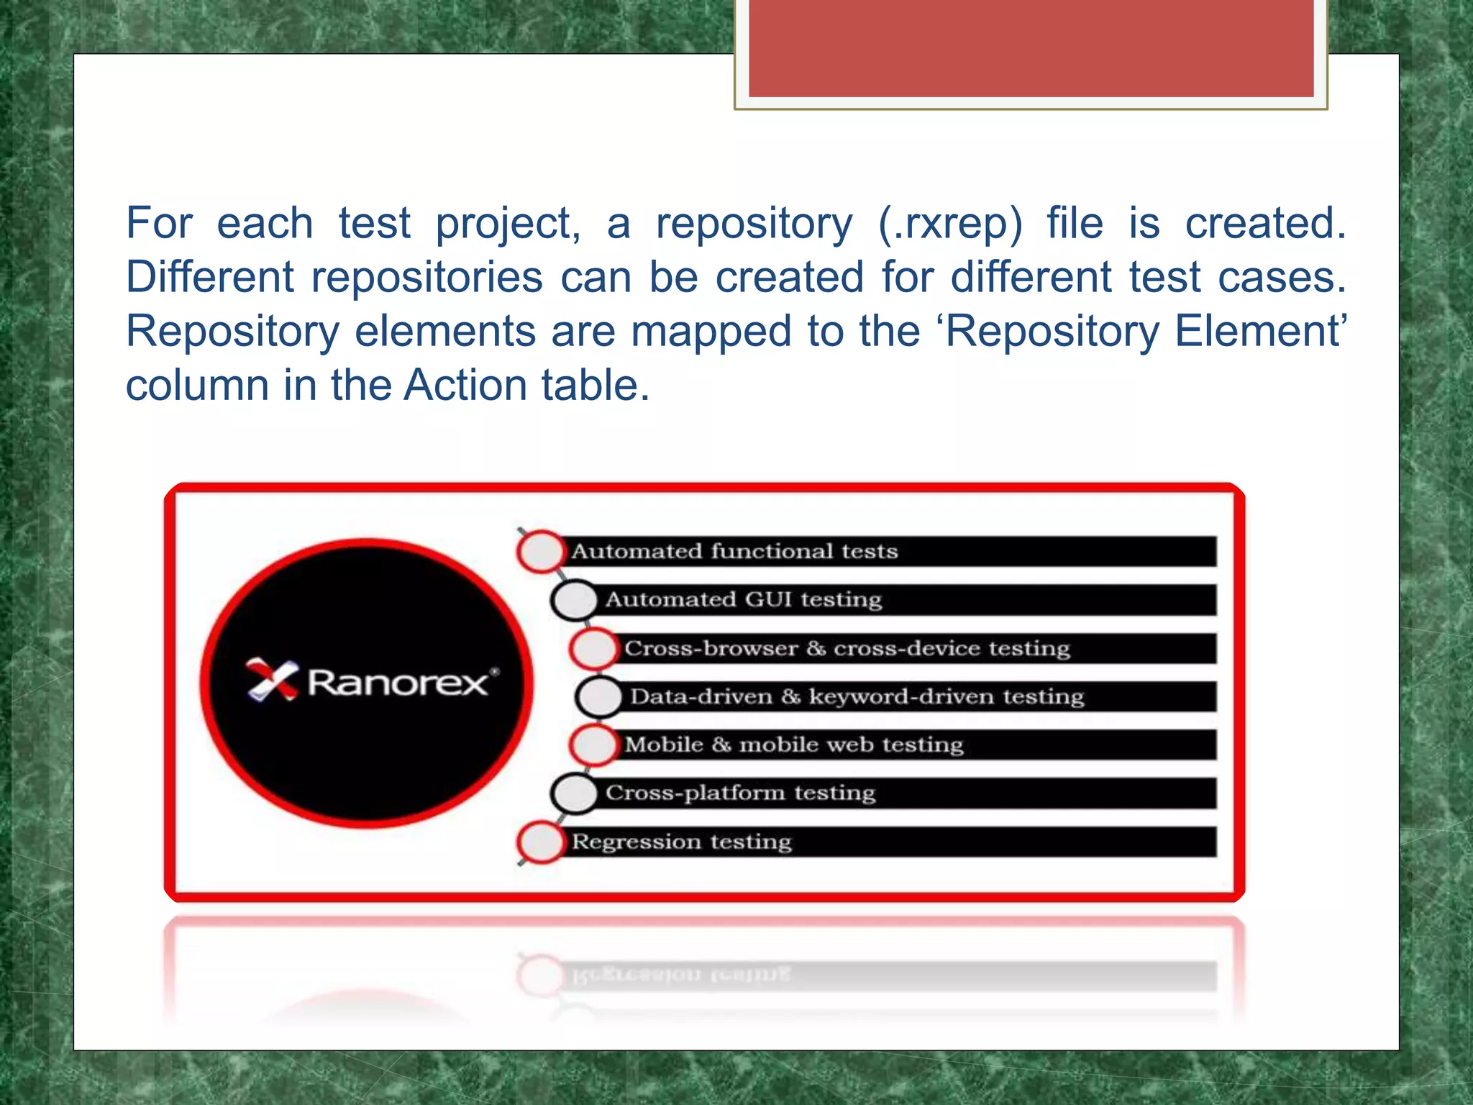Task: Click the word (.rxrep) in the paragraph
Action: coord(950,224)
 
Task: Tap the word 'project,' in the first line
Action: coord(508,224)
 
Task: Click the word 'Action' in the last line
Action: coord(466,385)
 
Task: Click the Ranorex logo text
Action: coord(399,682)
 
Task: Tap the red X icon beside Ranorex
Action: coord(272,679)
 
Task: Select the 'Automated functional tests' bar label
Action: coord(734,552)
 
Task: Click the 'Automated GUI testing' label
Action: coord(743,600)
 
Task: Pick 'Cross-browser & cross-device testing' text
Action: coord(847,648)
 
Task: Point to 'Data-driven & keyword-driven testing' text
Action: coord(857,696)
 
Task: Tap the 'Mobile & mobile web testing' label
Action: coord(793,745)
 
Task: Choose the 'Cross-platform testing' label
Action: coord(740,793)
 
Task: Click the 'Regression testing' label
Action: coord(681,842)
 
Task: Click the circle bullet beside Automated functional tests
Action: coord(541,552)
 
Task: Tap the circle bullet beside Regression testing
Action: coord(541,842)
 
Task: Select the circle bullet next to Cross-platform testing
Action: coord(575,793)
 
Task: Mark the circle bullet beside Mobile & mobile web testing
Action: coord(594,745)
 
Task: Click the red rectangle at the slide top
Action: coord(1031,48)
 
